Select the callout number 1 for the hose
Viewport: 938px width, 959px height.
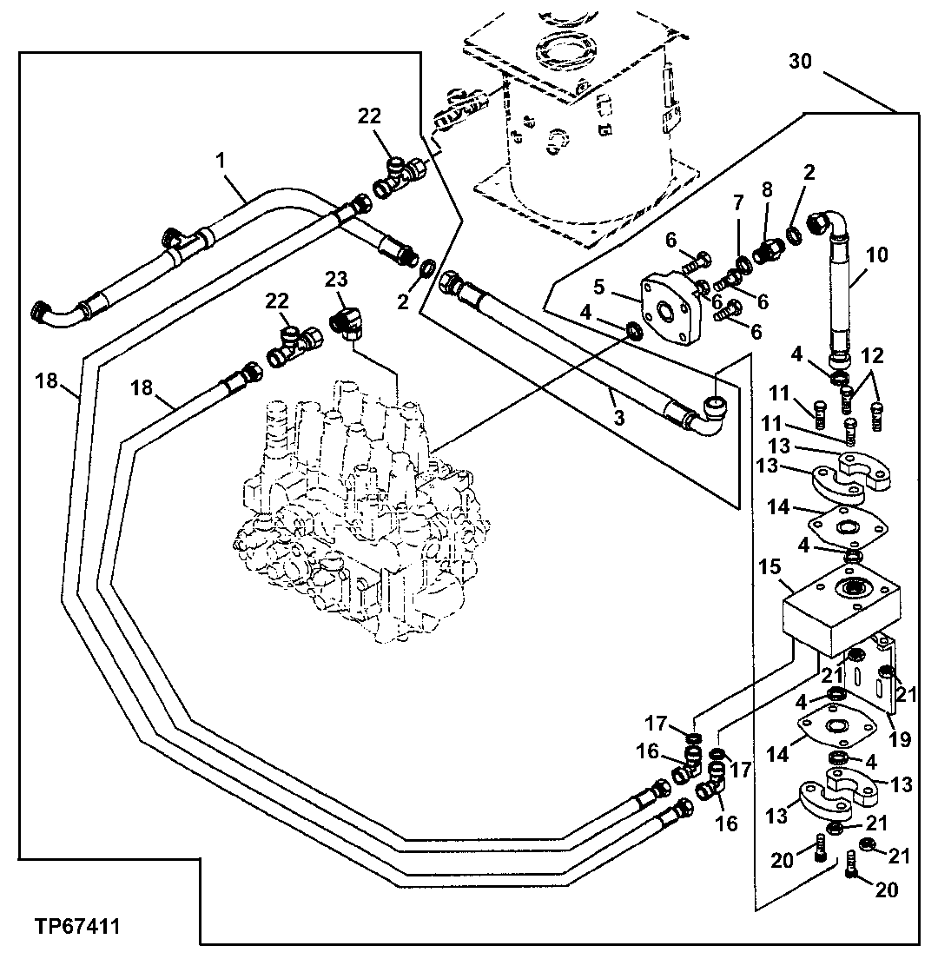[221, 160]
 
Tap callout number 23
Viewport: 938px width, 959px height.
[336, 280]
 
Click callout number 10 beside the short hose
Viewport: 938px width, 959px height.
[878, 255]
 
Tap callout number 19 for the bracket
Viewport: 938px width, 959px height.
[900, 739]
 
